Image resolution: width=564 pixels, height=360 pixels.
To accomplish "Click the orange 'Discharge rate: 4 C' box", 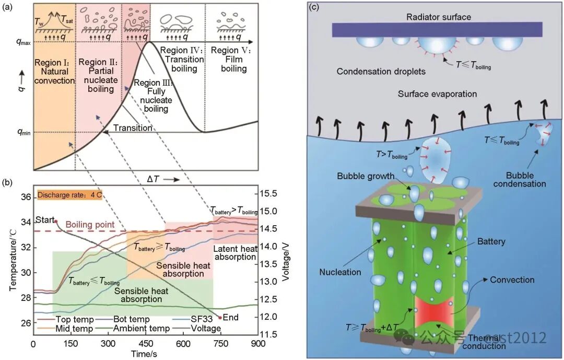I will coord(69,195).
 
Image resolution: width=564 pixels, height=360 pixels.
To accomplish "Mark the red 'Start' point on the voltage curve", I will coord(56,222).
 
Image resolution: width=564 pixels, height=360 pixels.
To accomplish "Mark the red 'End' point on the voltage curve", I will coord(220,317).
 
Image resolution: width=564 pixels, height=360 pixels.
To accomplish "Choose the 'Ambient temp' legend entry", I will coord(142,329).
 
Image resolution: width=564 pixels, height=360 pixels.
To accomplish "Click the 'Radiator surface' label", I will coord(439,17).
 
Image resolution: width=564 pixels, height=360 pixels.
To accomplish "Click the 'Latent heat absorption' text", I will coord(235,252).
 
